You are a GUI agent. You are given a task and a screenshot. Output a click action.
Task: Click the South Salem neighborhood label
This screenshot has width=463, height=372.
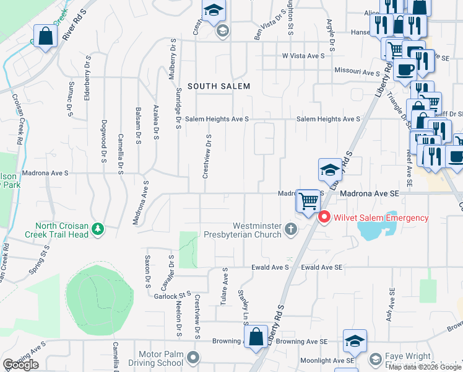(x=219, y=86)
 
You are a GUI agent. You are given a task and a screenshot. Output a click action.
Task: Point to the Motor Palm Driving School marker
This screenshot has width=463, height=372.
(x=194, y=358)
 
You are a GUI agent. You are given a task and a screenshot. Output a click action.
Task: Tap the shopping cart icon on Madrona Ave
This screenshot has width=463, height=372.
(x=308, y=201)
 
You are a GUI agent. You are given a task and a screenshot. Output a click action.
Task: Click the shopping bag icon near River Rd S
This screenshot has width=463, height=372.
(x=46, y=36)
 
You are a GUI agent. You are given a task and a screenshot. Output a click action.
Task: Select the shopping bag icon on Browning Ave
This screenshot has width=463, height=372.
(x=256, y=337)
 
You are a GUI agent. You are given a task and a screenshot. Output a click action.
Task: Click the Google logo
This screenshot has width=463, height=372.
(x=20, y=364)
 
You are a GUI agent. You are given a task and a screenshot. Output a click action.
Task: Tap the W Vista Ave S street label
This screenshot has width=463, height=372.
(x=303, y=56)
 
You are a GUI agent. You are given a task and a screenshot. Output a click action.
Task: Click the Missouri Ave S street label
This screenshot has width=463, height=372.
(x=357, y=73)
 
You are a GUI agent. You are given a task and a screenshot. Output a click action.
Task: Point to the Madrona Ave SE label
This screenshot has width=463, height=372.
(x=370, y=193)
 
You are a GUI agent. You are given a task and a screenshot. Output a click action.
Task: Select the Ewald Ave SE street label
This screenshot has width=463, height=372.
(x=322, y=267)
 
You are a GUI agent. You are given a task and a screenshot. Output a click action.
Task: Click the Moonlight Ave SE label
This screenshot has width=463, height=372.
(x=327, y=360)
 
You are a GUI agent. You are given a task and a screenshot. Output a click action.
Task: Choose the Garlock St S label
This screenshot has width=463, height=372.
(x=172, y=296)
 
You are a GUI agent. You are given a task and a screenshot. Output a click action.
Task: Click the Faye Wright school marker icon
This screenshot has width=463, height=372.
(x=376, y=358)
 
